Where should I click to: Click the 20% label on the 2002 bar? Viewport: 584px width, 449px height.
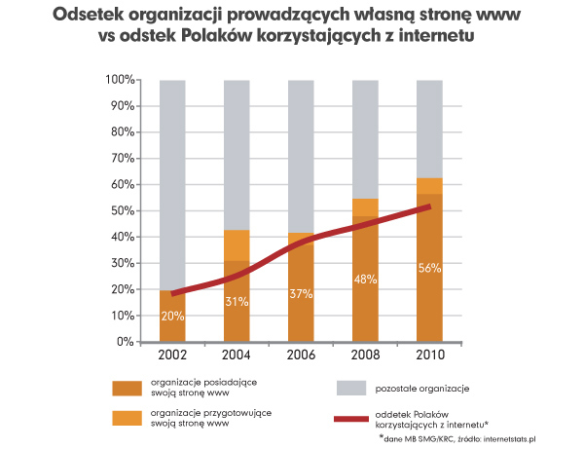[x=172, y=317]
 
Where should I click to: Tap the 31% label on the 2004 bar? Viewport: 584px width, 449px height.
[x=237, y=302]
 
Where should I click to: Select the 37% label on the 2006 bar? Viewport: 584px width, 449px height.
[x=302, y=294]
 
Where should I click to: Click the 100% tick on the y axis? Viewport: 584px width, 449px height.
[x=117, y=79]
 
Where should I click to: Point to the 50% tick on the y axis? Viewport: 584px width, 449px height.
[x=121, y=210]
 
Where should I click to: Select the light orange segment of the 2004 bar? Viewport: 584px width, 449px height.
[x=237, y=244]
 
